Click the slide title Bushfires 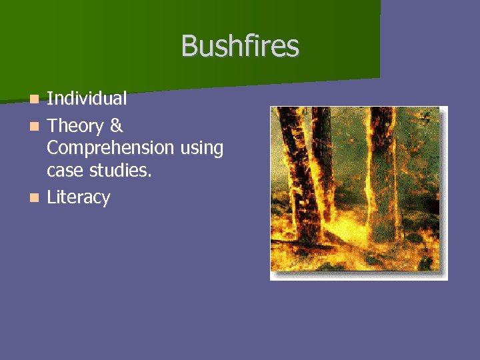240,46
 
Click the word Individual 87,99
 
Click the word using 201,149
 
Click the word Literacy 78,197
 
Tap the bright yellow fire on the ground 347,237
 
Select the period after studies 150,174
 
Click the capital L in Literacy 51,197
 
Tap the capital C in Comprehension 53,148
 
